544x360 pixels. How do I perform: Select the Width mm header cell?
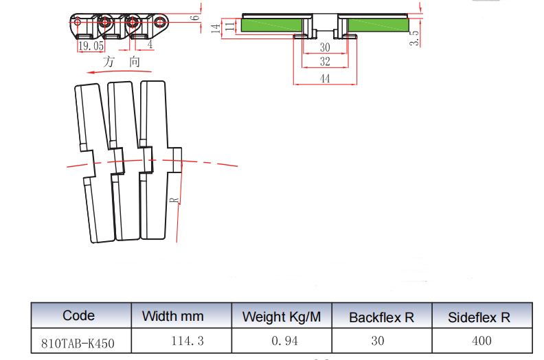[172, 317]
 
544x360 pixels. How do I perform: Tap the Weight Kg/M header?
[281, 317]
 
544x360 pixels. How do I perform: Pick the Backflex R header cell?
[381, 317]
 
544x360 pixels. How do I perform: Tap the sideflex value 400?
[481, 340]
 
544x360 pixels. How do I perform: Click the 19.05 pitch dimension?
[91, 46]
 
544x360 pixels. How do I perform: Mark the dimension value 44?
[325, 79]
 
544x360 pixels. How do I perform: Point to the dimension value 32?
[325, 62]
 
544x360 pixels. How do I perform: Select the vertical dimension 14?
[215, 28]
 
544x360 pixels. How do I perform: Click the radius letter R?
[174, 201]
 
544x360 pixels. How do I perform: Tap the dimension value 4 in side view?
[150, 45]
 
